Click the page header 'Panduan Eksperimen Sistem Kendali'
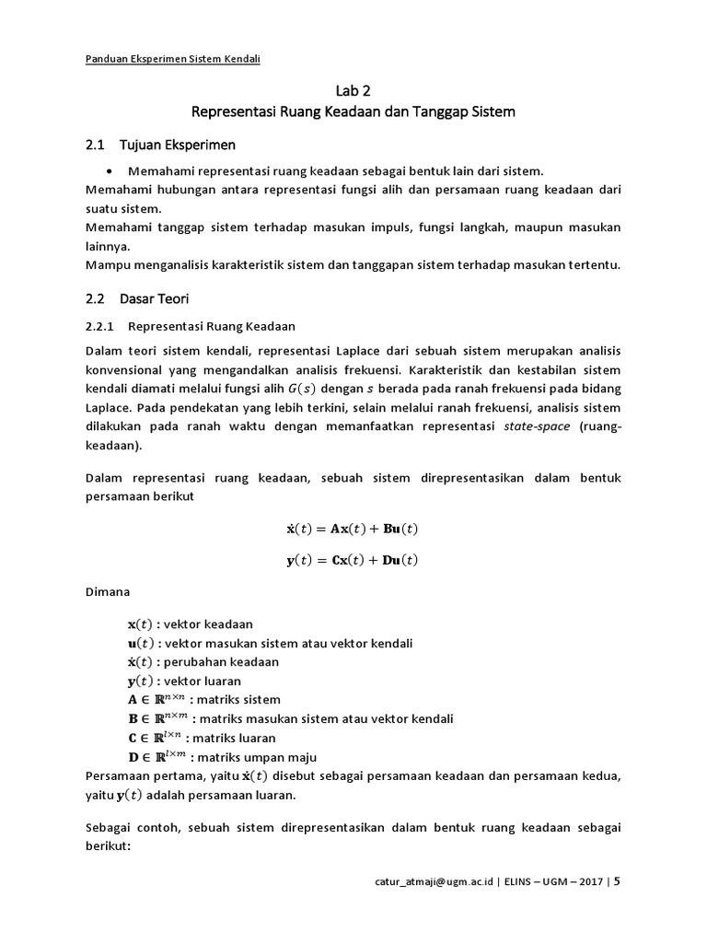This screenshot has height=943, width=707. [x=172, y=60]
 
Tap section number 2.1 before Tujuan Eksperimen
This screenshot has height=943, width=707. [x=96, y=145]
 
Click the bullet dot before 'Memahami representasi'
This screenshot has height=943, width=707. [x=110, y=171]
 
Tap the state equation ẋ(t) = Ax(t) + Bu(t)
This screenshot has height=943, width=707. [x=353, y=529]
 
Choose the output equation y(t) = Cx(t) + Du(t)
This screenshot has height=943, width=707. [x=353, y=560]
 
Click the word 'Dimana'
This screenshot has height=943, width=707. [x=108, y=592]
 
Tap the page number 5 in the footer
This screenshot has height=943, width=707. [x=617, y=881]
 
